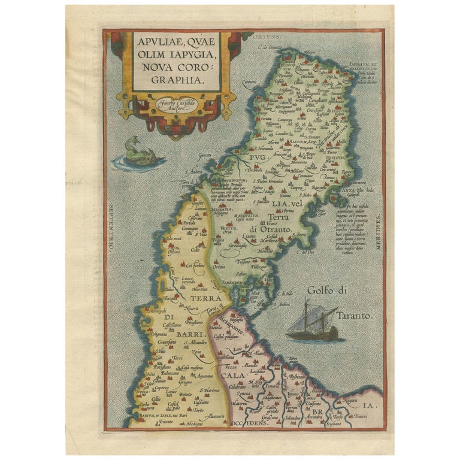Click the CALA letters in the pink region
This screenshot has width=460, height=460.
231,376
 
